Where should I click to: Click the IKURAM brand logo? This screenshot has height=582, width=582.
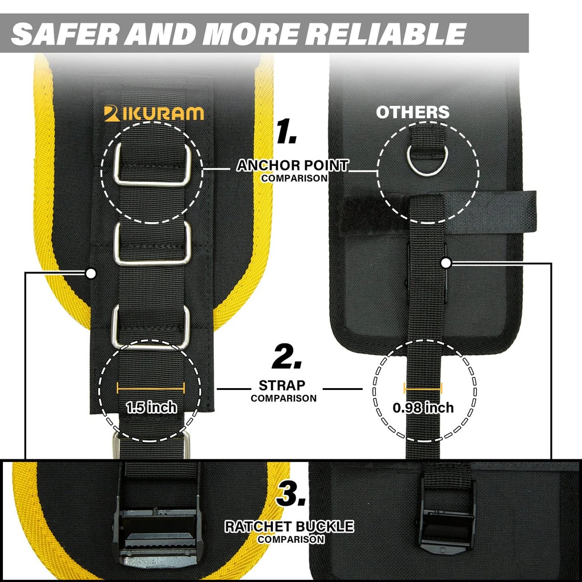[x=153, y=114]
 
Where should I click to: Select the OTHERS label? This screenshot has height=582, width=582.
[x=413, y=112]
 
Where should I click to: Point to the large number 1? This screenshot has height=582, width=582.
[x=287, y=131]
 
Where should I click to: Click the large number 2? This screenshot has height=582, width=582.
[x=287, y=356]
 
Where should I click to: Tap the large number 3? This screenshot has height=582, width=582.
[x=291, y=493]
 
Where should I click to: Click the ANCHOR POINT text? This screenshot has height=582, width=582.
[x=293, y=165]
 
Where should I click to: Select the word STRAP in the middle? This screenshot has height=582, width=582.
[x=282, y=386]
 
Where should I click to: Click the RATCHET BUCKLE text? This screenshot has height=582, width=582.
[x=289, y=527]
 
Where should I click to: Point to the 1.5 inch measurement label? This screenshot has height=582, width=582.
[x=151, y=408]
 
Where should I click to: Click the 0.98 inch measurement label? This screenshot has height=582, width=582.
[x=423, y=408]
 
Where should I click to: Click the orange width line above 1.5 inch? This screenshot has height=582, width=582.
[x=151, y=389]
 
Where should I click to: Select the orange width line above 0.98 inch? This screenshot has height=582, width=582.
[x=423, y=389]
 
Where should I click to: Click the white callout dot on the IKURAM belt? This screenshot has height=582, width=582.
[x=90, y=273]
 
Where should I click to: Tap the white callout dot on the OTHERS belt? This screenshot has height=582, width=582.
[x=446, y=263]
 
